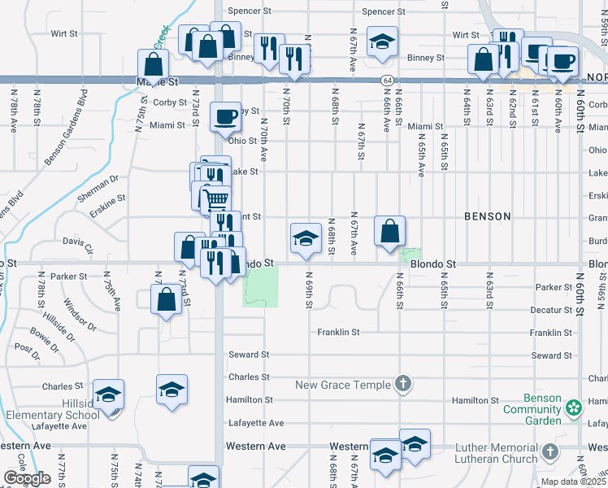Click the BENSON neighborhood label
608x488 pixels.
coord(488,216)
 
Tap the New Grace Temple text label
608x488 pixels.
coord(345,385)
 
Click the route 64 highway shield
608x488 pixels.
coord(387,81)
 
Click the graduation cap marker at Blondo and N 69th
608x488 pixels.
coord(306,237)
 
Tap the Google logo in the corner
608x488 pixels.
coord(28,478)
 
